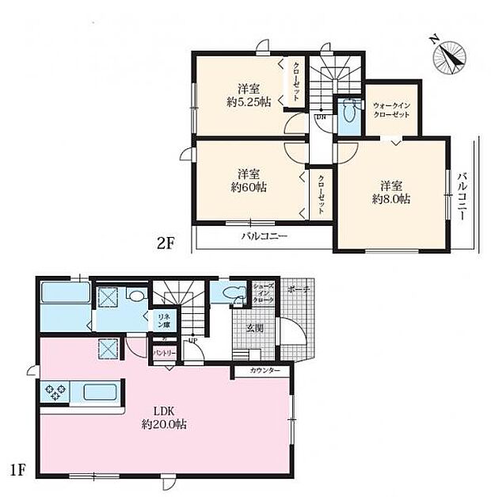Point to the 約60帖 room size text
point(248,180)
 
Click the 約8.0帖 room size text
point(393,192)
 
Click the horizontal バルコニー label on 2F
point(265,237)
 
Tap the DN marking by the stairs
point(321,118)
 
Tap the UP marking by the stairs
point(192,341)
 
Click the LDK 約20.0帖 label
point(164,418)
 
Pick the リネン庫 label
point(162,320)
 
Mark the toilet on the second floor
point(346,116)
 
